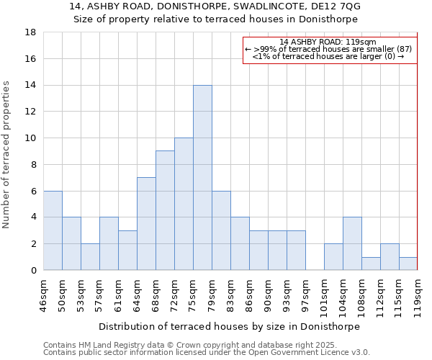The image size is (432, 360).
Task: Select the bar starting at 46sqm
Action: [53, 230]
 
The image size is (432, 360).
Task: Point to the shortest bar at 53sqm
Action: [90, 257]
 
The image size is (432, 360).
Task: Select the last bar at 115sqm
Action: [408, 264]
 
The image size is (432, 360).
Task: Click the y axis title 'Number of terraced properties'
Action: [7, 155]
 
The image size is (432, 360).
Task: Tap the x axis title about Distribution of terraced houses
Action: [229, 326]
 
